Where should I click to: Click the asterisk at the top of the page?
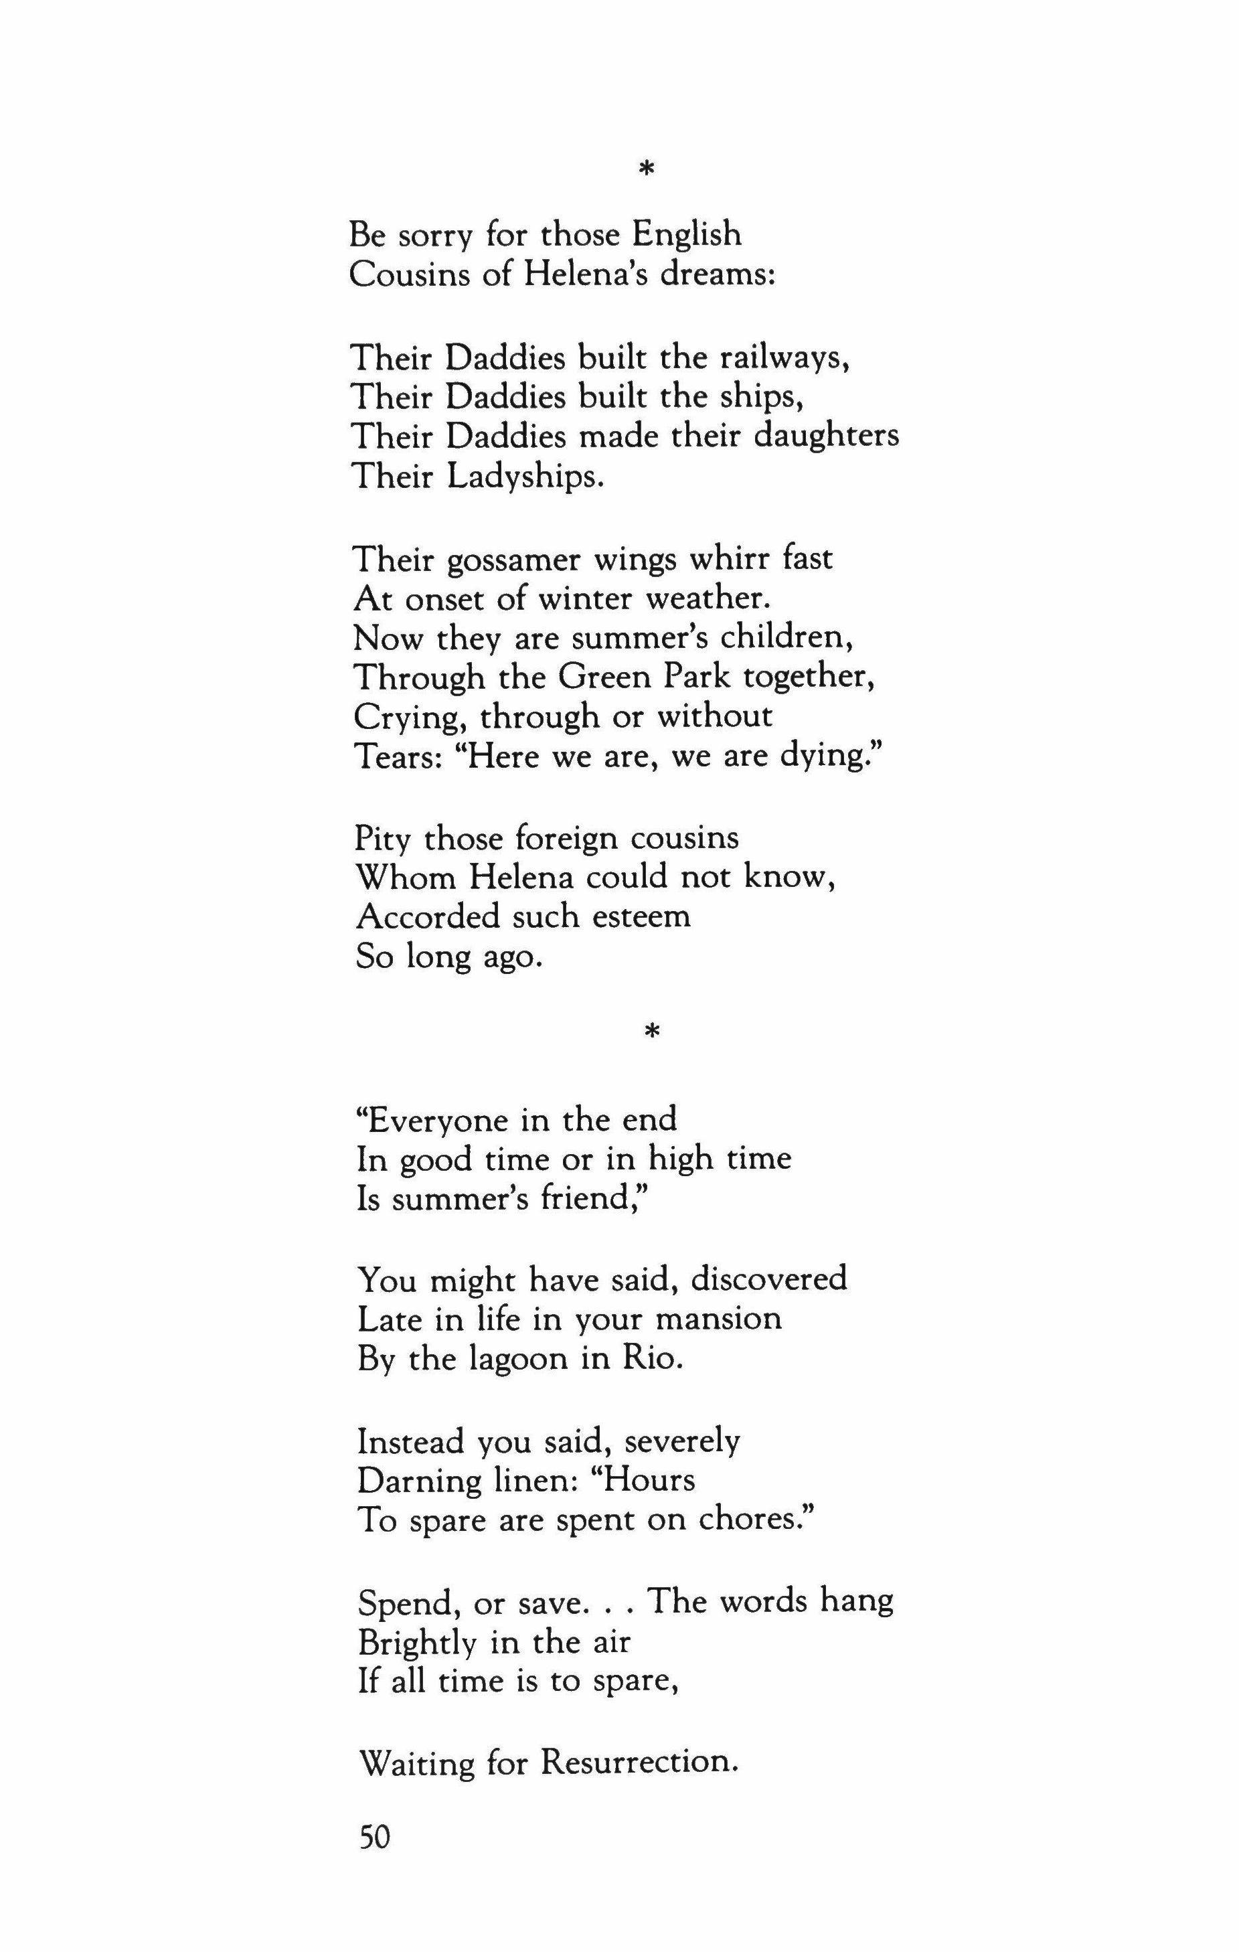(646, 169)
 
